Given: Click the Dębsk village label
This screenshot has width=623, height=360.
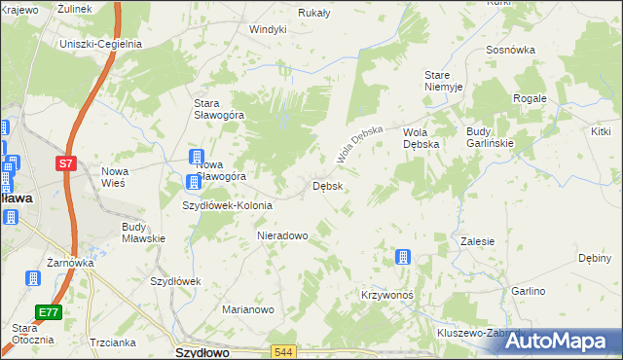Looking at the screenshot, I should (326, 185).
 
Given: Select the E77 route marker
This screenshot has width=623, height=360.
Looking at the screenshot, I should (49, 311).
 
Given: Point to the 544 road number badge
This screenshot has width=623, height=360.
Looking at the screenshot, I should (283, 351).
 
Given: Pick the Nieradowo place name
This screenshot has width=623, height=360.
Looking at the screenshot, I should (282, 235).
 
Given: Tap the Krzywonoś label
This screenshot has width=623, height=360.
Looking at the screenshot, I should (387, 294).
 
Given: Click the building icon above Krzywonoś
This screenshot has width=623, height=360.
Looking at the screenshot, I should (401, 258).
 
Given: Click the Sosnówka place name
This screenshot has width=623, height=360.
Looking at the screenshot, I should (510, 49).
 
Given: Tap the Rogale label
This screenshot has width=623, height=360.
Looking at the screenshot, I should (530, 98).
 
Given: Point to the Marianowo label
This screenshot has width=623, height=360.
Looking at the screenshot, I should (248, 309).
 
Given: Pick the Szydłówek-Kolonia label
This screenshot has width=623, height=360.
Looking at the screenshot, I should (228, 205).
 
